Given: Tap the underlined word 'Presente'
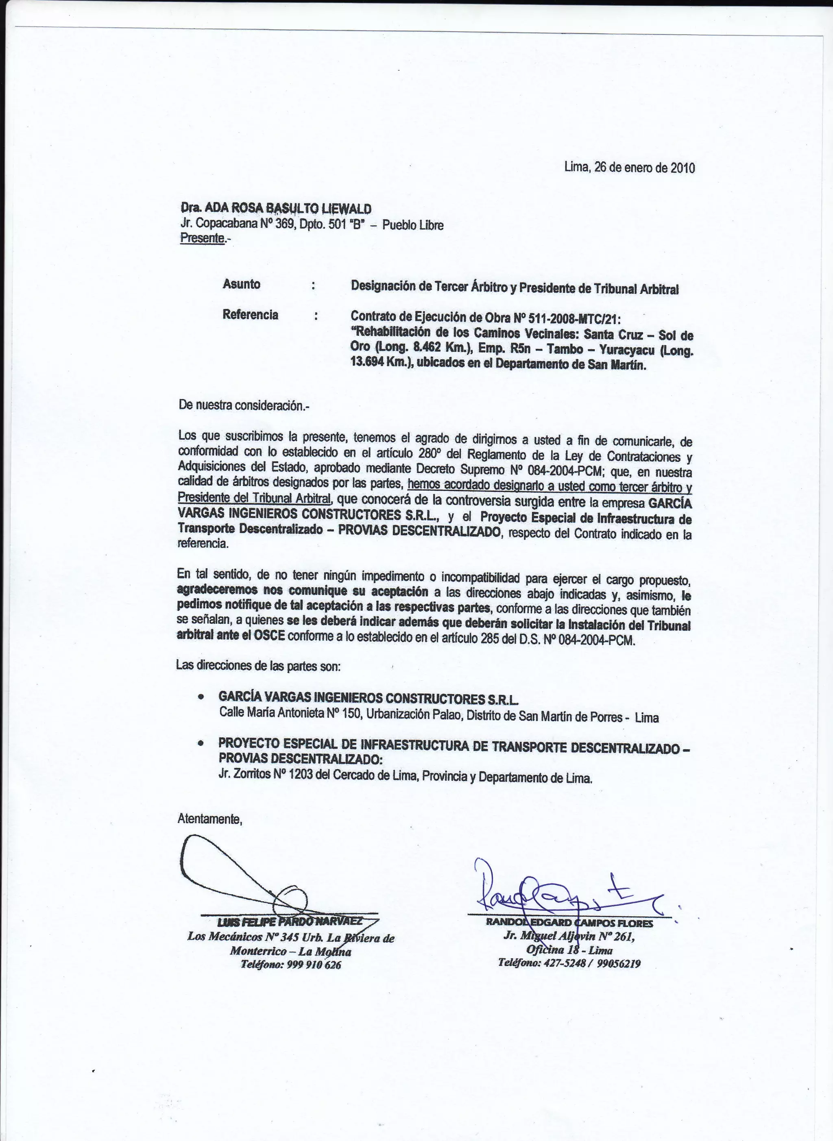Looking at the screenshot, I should click(202, 238).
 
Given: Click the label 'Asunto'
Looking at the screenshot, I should click(242, 284).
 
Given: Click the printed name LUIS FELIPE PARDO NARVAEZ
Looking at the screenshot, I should click(290, 922).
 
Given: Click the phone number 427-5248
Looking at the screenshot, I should click(564, 963).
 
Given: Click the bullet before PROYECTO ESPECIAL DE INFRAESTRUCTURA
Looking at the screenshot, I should click(201, 743).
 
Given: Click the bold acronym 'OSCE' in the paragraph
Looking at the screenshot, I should click(270, 635).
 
